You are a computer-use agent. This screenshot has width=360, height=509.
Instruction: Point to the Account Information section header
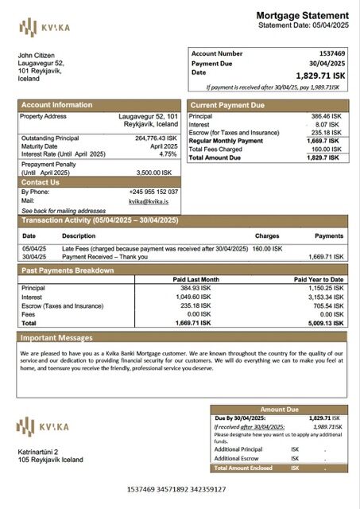click(x=56, y=105)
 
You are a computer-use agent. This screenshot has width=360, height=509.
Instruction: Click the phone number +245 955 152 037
click(x=153, y=192)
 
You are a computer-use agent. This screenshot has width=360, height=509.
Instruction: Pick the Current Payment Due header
click(x=231, y=105)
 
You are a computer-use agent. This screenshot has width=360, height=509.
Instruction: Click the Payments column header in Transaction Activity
click(x=329, y=236)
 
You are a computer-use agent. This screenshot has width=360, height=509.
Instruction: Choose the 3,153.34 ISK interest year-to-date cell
click(x=326, y=297)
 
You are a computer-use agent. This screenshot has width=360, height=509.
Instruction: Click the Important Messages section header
click(x=56, y=338)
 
